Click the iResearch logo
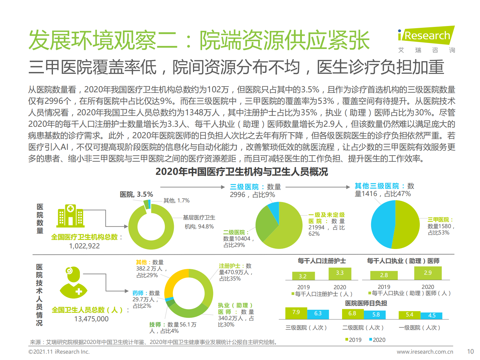(426, 36)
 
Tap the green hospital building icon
(70, 216)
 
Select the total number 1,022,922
(84, 246)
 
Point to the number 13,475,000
(91, 319)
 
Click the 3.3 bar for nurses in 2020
(340, 273)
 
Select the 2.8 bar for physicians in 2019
(384, 275)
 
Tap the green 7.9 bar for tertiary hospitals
(296, 313)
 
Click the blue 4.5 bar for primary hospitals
(432, 316)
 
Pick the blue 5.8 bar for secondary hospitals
(376, 315)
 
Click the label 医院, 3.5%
(136, 194)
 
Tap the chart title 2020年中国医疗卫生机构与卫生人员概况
(241, 172)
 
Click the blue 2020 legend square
(371, 339)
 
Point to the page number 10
(470, 352)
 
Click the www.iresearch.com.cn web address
(425, 352)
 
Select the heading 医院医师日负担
(366, 303)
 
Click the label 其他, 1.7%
(176, 201)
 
